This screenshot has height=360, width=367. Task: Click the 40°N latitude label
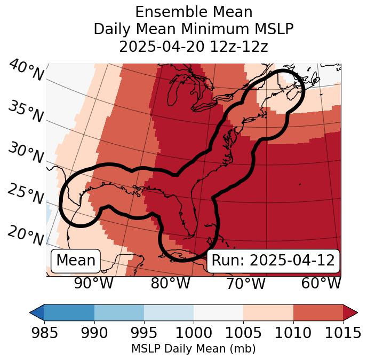click(26, 71)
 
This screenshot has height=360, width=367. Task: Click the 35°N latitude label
click(25, 112)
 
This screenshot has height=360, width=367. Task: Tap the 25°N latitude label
click(25, 194)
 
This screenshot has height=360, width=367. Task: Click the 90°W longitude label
click(93, 284)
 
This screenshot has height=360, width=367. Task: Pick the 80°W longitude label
click(170, 284)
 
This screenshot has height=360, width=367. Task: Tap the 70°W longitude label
click(246, 284)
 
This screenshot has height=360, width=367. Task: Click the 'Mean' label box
click(76, 261)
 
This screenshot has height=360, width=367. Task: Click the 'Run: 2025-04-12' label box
click(273, 261)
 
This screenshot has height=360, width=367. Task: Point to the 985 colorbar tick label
click(44, 333)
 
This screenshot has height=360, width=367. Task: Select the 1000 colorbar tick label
click(194, 333)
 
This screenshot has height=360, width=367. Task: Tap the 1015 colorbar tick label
click(343, 333)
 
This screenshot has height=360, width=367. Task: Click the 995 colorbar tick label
click(144, 333)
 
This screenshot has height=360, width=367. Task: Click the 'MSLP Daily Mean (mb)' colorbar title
click(194, 349)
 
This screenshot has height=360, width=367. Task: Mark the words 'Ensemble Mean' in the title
click(194, 12)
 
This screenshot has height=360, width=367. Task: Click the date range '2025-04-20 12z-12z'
click(194, 46)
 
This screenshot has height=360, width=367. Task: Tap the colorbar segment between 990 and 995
click(119, 312)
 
